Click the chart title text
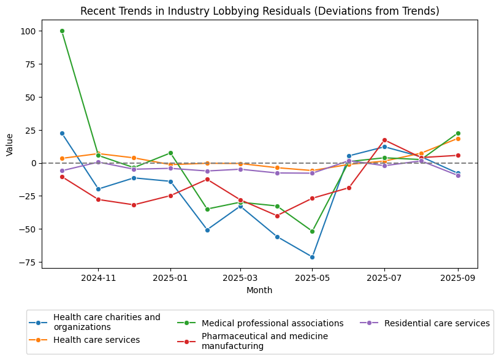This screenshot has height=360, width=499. click(x=260, y=11)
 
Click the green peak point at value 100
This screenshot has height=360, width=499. click(x=62, y=31)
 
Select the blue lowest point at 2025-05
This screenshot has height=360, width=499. click(x=312, y=257)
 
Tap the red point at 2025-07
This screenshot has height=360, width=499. click(x=384, y=140)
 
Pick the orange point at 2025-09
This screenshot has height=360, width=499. click(x=458, y=139)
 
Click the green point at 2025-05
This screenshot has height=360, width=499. click(x=312, y=231)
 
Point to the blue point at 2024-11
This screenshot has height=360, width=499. click(x=98, y=189)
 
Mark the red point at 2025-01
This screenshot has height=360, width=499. click(x=170, y=196)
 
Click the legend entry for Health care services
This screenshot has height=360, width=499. click(x=96, y=340)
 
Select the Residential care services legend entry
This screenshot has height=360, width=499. click(x=436, y=323)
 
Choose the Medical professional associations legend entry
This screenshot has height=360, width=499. click(x=272, y=323)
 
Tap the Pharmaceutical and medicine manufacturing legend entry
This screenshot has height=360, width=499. click(x=264, y=341)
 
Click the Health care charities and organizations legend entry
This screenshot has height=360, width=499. click(x=107, y=322)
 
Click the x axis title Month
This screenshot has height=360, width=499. click(x=259, y=291)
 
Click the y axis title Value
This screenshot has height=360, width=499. click(x=9, y=144)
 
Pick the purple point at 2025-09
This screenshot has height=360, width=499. click(x=458, y=175)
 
